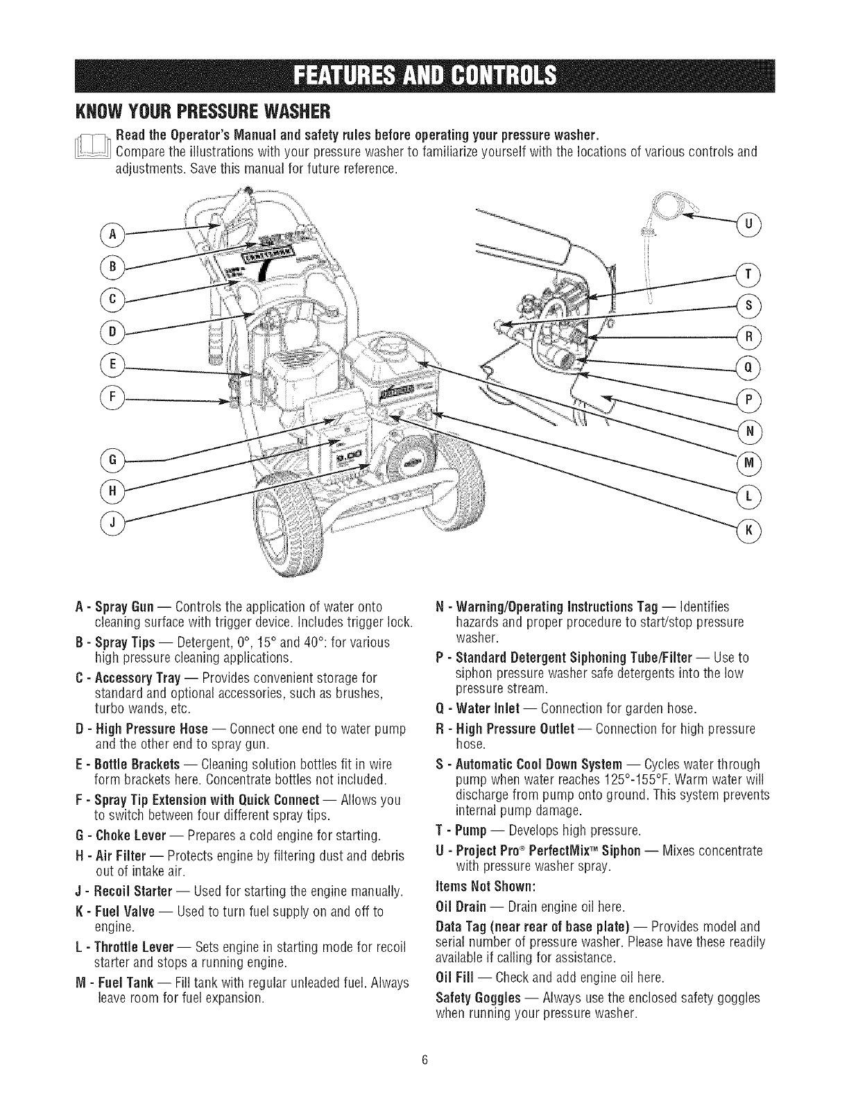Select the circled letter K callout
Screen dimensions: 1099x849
tap(748, 530)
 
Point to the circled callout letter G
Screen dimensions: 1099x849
tap(111, 459)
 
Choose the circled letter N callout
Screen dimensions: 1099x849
tap(748, 431)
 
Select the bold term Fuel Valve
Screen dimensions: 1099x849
tap(137, 910)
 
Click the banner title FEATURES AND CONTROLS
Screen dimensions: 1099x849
tap(424, 72)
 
